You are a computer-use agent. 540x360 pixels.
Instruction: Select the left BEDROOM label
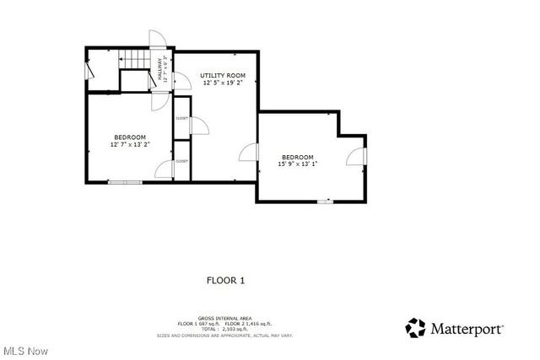[130, 137]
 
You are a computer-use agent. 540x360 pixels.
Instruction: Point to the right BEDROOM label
[298, 157]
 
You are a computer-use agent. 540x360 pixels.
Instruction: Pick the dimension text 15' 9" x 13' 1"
[298, 164]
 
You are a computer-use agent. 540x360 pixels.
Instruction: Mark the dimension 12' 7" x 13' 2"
[130, 145]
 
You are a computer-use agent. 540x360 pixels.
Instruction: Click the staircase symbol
[135, 59]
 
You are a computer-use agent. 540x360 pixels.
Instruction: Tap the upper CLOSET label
[181, 118]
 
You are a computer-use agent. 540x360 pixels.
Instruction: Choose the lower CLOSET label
[181, 160]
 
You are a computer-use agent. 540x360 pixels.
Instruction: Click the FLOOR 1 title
[225, 280]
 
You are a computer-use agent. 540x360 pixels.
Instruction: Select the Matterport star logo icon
[415, 328]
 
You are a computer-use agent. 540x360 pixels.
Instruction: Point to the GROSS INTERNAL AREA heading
[224, 318]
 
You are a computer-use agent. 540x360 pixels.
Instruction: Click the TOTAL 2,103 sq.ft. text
[224, 329]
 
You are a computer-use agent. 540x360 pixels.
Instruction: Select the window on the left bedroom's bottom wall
[125, 181]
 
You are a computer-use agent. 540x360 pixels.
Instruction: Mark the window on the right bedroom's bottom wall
[324, 201]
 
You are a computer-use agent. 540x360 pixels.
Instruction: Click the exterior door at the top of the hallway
[158, 40]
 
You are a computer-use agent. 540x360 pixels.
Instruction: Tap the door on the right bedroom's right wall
[358, 157]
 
